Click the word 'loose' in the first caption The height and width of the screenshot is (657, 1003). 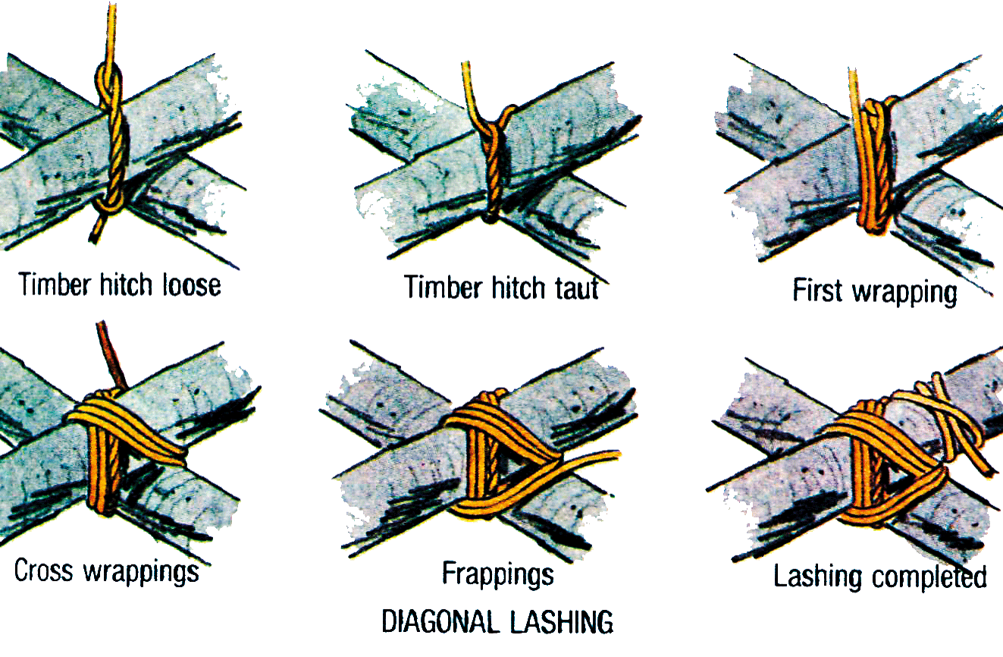[191, 285]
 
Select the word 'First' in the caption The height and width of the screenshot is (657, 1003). [817, 290]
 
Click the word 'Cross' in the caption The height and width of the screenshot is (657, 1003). [43, 571]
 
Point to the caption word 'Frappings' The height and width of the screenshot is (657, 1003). [498, 575]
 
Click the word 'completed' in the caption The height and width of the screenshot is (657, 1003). [929, 577]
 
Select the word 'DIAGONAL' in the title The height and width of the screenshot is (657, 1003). [440, 621]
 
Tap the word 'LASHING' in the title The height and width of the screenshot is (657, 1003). [562, 621]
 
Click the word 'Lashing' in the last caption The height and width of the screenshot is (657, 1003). [817, 577]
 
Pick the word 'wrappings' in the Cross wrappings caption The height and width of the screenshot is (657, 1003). [142, 573]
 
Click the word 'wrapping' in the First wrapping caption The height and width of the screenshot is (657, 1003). [904, 293]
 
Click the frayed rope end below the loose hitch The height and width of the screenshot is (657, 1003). [98, 228]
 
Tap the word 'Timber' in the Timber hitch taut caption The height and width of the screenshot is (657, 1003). [444, 288]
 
